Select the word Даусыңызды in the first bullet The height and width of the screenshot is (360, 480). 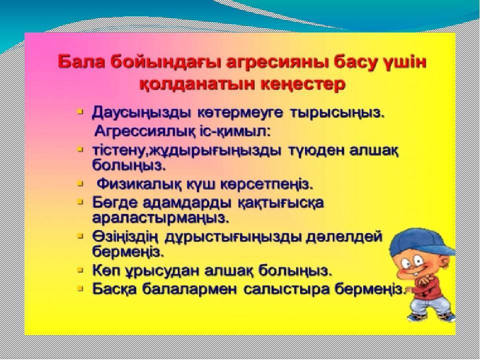[141, 113]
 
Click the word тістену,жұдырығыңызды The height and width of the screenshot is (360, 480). [186, 151]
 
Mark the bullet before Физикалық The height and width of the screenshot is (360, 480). [80, 184]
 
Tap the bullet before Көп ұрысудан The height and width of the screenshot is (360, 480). [80, 270]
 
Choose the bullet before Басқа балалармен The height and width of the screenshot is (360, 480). [80, 288]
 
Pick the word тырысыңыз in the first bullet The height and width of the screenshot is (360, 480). [336, 113]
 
